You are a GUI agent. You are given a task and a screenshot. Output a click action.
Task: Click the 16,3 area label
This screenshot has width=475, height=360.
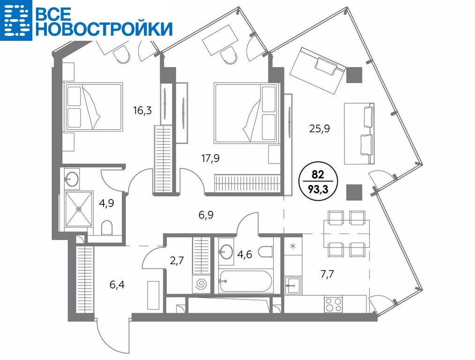[142, 110]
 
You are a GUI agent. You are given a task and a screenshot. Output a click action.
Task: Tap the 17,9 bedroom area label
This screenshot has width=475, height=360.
[210, 158]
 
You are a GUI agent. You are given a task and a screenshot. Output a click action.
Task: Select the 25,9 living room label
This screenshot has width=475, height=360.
[319, 128]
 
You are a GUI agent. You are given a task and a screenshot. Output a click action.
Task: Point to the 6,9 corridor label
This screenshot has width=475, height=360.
[206, 215]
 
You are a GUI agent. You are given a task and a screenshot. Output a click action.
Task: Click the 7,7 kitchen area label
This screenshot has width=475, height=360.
[327, 274]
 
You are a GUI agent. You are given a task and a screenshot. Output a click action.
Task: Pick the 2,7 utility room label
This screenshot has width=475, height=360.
[177, 260]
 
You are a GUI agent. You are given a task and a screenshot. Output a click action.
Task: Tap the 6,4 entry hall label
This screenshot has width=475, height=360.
[117, 285]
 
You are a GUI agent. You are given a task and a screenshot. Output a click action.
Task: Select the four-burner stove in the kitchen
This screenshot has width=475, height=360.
[333, 305]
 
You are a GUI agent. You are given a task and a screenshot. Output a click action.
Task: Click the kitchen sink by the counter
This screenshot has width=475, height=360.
[293, 285]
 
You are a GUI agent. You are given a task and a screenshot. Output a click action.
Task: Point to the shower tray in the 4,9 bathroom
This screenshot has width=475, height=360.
[79, 209]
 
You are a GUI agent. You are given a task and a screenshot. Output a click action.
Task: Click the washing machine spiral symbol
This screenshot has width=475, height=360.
[200, 284]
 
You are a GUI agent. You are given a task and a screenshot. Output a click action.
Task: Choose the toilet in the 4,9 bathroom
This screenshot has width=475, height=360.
[107, 228]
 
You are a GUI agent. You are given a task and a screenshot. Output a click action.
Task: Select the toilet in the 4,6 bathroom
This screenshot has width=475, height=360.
[267, 251]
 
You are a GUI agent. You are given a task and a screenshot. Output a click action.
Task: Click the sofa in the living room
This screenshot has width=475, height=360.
[359, 134]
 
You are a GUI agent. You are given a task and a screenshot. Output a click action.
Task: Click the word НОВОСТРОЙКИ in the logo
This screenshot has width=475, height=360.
[104, 29]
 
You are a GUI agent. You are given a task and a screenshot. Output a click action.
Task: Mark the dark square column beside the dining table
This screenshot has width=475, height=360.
[355, 192]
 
